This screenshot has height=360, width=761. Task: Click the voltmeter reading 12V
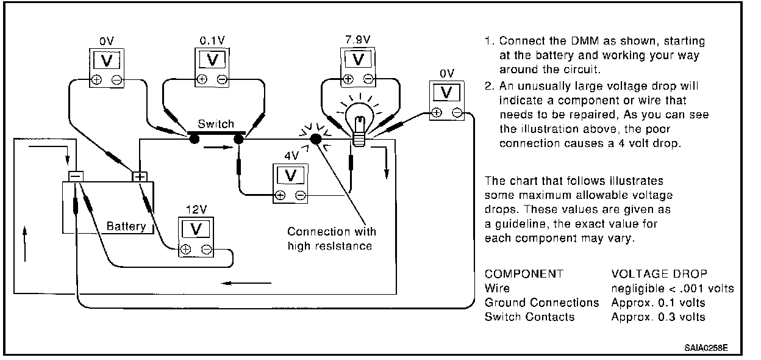(196, 237)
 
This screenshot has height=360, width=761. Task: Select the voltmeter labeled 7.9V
(358, 67)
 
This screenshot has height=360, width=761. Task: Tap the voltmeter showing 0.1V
(212, 67)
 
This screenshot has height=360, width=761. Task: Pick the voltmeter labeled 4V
(290, 184)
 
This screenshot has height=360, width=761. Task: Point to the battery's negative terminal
(76, 176)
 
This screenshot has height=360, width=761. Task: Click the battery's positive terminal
(140, 176)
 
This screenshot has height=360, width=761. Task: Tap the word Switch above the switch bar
(216, 124)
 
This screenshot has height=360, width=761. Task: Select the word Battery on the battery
(126, 226)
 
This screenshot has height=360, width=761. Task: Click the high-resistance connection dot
(316, 139)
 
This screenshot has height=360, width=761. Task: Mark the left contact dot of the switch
(194, 139)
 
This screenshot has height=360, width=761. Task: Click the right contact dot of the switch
(238, 139)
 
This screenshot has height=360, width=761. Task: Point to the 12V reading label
(196, 209)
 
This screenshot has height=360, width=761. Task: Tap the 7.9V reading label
(358, 40)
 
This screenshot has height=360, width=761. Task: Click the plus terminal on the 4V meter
(280, 195)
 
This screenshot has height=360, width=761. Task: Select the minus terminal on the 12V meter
(206, 250)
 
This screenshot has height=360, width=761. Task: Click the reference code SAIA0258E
(706, 348)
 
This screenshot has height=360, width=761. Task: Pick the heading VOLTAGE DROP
(659, 273)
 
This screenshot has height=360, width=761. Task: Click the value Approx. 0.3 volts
(658, 317)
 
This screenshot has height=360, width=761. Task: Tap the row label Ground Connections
(541, 303)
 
